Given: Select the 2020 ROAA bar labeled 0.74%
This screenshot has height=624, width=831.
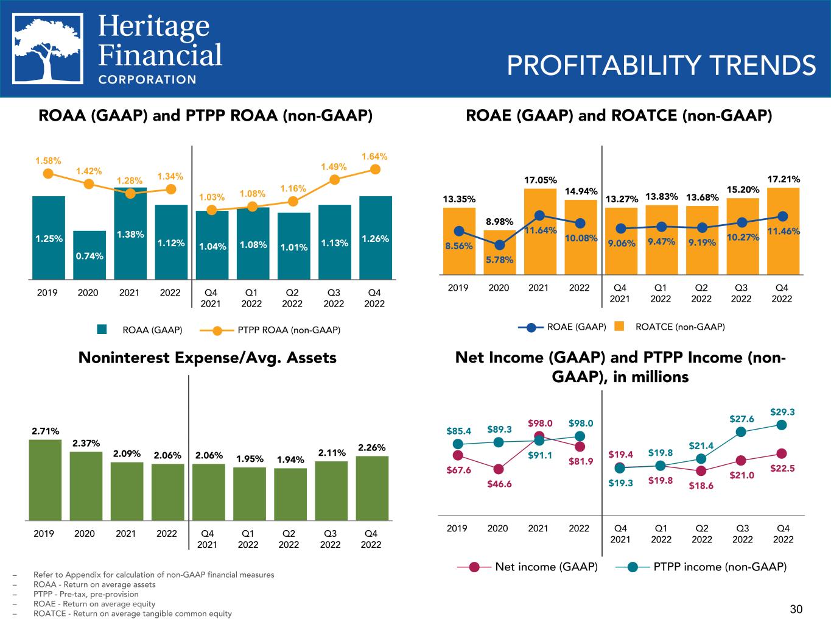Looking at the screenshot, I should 89,255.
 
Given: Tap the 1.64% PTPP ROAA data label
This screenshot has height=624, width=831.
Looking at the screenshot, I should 374,157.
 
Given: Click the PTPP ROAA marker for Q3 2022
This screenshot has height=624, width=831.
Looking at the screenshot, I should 334,180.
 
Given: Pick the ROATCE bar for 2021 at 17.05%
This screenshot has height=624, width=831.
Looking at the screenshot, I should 540,232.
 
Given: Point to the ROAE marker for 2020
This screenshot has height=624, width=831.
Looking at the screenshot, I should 499,245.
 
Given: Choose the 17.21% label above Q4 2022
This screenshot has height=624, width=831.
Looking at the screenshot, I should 783,179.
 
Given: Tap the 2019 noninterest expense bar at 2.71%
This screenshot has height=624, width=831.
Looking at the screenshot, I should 45,480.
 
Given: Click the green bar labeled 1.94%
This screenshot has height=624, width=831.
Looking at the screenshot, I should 290,494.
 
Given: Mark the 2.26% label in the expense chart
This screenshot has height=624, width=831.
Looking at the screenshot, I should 371,448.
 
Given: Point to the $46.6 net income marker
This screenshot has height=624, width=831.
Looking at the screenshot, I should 499,469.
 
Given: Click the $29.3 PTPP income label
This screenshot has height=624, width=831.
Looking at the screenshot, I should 782,412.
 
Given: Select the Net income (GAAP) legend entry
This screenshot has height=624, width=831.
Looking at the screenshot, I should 536,567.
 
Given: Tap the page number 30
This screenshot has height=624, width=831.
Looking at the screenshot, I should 796,609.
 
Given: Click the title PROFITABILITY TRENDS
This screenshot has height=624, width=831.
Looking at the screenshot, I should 661,66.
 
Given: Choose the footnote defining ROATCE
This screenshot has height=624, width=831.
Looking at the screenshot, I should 133,614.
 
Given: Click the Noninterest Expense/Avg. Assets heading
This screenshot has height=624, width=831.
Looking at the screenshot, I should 208,358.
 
